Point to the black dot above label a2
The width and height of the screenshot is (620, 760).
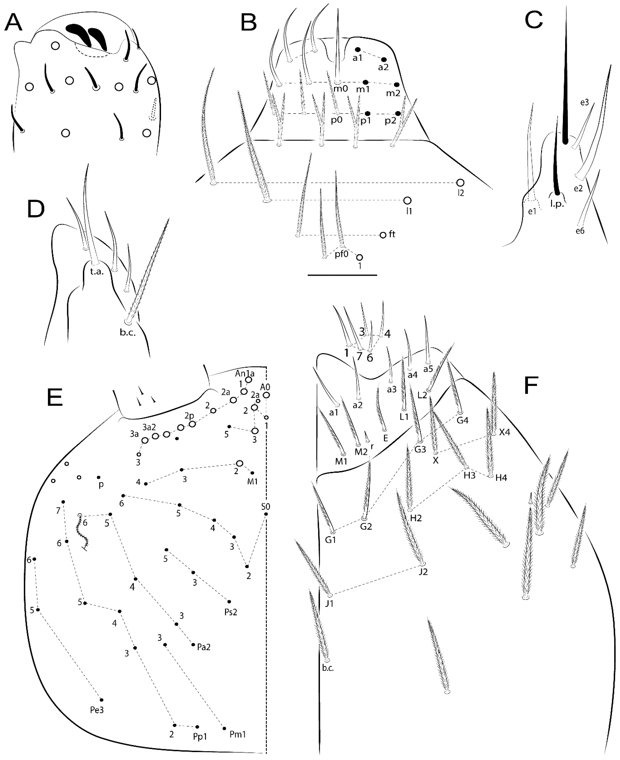pos(384,60)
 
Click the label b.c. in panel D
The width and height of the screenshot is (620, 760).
pos(127,334)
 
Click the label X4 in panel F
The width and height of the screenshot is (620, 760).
pos(505,432)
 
